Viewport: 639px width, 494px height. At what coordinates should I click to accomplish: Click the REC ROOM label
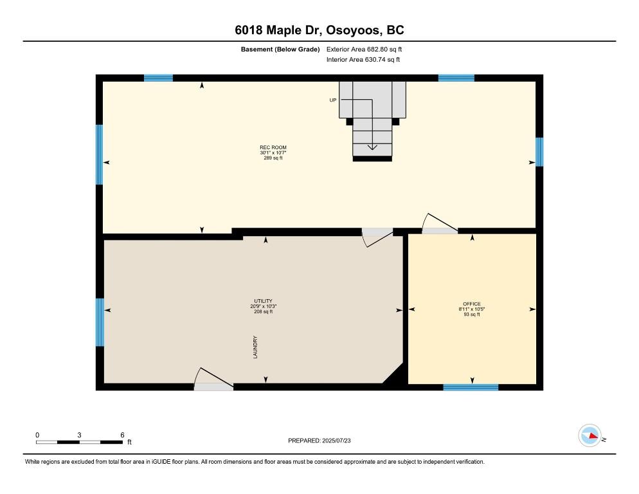click(x=273, y=147)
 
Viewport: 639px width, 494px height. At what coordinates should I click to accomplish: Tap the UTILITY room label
click(x=264, y=301)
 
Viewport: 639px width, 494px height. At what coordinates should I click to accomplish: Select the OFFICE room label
click(x=472, y=304)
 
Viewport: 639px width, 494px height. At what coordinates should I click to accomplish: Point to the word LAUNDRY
click(x=255, y=347)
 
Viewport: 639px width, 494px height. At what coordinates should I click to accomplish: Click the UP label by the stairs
click(x=333, y=100)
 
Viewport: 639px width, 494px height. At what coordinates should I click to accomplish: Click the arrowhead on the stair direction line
click(x=372, y=147)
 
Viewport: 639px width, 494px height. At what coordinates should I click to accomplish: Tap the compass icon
click(x=589, y=435)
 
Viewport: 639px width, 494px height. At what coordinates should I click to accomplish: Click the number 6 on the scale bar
click(x=122, y=435)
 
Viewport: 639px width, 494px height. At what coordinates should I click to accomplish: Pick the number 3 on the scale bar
click(x=79, y=435)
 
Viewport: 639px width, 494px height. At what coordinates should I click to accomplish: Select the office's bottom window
click(x=471, y=387)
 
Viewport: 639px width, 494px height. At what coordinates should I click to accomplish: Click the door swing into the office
click(x=439, y=223)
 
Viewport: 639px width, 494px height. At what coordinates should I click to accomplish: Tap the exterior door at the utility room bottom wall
click(x=213, y=379)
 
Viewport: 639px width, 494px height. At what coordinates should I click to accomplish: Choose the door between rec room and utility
click(x=378, y=237)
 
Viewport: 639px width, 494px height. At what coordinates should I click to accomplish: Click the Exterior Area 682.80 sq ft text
click(x=364, y=50)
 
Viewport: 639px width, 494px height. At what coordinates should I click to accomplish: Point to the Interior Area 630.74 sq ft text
click(x=363, y=60)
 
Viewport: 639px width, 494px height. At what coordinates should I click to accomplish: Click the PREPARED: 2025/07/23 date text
click(x=319, y=441)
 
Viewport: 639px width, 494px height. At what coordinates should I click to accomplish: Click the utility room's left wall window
click(x=100, y=322)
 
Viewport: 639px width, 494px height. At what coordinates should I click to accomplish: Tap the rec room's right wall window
click(x=539, y=152)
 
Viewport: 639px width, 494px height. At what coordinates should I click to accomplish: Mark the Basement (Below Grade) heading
click(x=280, y=50)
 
